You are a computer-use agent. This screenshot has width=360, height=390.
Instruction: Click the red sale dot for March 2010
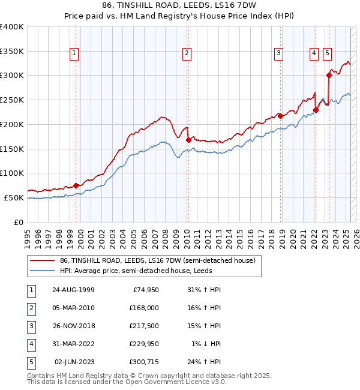coord(188,140)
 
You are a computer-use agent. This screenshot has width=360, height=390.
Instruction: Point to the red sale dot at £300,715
coord(329,75)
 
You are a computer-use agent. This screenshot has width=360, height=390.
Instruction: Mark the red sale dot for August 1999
coord(76,185)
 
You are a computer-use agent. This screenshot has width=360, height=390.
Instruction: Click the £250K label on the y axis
coord(12,100)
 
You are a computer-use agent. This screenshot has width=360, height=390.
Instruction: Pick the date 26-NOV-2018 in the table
coord(73,326)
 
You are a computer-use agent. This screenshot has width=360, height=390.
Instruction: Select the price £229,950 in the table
coord(144,344)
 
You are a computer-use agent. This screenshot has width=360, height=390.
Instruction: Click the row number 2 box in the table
coord(30,308)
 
